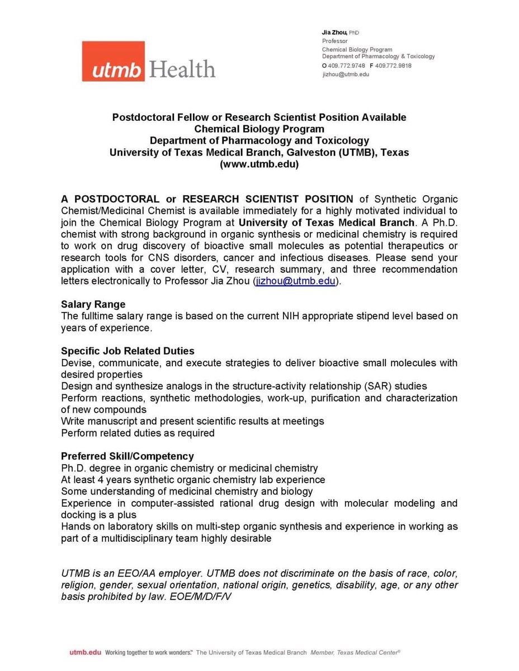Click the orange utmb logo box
coord(114,62)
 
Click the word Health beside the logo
coord(182,69)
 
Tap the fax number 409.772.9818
coord(393,66)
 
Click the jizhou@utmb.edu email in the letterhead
coord(346,74)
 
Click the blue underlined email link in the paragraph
coord(296,281)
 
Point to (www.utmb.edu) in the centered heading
coord(259,164)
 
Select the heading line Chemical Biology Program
coord(259,129)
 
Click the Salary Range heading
coord(93,305)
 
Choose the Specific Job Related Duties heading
coord(128,351)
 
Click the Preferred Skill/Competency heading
coord(128,456)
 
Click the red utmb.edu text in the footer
coord(86,652)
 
